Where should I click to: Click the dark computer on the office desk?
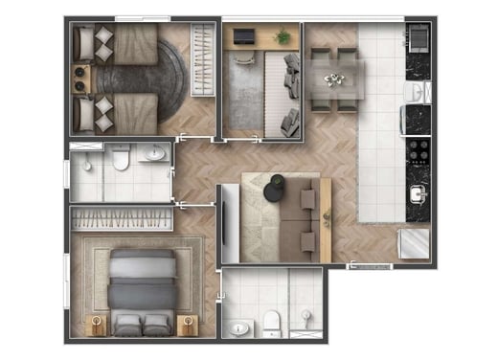click(x=244, y=36)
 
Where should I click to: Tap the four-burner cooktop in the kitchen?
click(x=419, y=152)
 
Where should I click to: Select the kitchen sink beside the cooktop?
click(x=419, y=193)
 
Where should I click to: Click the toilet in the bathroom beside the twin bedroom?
click(x=121, y=158)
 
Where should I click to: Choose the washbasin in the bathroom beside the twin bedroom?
click(x=157, y=153)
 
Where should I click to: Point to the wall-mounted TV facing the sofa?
click(x=225, y=224)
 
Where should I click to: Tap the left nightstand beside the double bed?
click(x=96, y=324)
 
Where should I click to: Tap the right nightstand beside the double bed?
click(x=186, y=324)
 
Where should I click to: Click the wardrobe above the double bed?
click(x=122, y=218)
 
